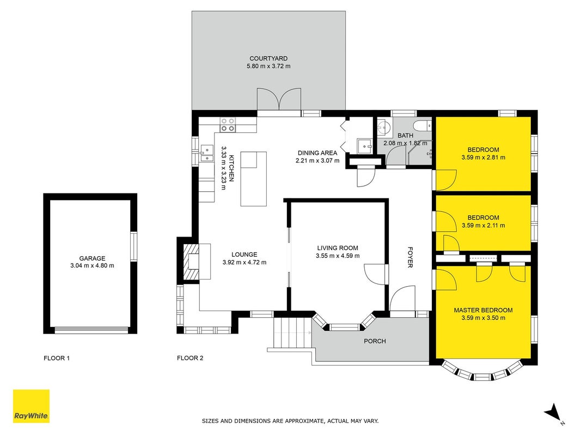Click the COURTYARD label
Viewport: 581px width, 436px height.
(x=268, y=58)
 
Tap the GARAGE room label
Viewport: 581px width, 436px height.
(x=92, y=258)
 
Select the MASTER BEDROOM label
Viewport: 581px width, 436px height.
(x=483, y=310)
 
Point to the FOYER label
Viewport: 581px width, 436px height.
(x=410, y=257)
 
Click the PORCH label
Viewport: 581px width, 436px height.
(x=375, y=341)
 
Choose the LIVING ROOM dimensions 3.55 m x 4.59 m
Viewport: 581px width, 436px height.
(x=338, y=256)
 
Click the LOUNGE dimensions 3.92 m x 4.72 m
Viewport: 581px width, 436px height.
(x=244, y=262)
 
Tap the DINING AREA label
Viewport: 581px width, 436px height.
(x=317, y=153)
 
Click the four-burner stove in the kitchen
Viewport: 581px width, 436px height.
(x=228, y=125)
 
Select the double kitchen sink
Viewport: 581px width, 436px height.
(x=207, y=153)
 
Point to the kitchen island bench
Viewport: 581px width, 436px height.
(x=253, y=179)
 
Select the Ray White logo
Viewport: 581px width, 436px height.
(x=31, y=406)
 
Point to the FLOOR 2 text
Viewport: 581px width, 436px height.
(x=190, y=358)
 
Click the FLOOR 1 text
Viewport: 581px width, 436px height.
(x=57, y=358)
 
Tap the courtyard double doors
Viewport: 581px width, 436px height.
(x=279, y=99)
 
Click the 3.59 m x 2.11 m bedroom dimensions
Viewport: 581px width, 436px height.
(x=483, y=225)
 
